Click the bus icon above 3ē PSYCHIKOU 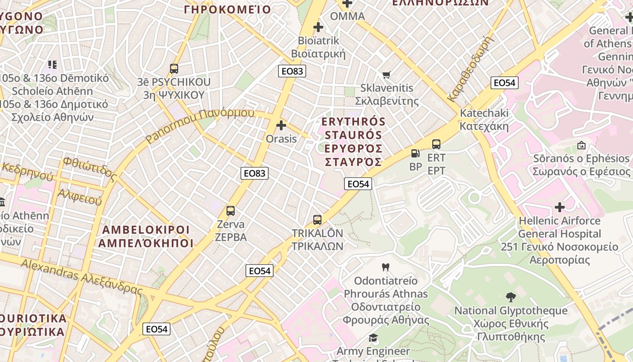[x=174, y=69]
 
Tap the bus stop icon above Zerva [x=231, y=211]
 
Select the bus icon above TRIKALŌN [x=317, y=220]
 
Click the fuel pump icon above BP [x=415, y=153]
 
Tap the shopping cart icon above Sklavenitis [x=387, y=75]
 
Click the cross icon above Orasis [x=281, y=125]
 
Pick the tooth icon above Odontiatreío [x=386, y=267]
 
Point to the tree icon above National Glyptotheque [x=511, y=297]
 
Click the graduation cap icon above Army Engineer [x=373, y=338]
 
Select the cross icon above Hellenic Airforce [x=560, y=208]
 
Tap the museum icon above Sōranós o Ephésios [x=581, y=145]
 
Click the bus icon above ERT [x=436, y=144]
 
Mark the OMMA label [x=347, y=16]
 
